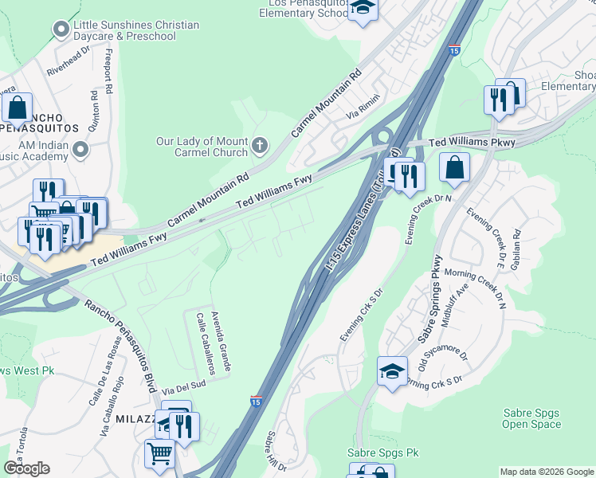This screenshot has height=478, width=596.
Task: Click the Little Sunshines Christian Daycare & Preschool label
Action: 135,30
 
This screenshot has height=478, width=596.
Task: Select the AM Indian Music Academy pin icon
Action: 80,149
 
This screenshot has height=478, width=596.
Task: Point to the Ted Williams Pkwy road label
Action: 472,143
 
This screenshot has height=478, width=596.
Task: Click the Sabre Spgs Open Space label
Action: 531,418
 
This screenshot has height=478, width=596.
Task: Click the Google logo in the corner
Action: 26,468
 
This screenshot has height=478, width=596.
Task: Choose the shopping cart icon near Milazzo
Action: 159,453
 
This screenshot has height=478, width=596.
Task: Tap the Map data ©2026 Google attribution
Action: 545,472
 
